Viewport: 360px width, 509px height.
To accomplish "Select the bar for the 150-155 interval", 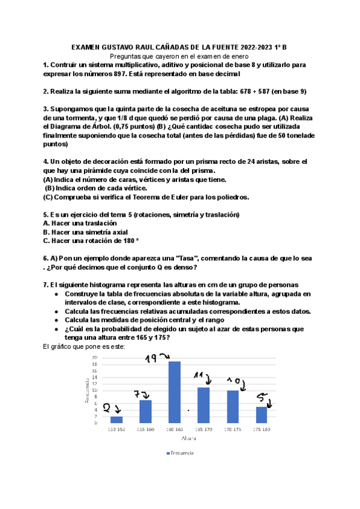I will (116, 420).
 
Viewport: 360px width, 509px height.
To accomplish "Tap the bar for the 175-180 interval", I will (261, 415).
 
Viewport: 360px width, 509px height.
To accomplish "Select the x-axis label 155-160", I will (145, 430).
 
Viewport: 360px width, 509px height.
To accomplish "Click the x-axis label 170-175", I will (232, 430).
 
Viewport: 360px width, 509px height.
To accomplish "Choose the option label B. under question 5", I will (46, 232).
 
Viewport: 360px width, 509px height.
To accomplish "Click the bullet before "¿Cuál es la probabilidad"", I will (56, 329).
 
